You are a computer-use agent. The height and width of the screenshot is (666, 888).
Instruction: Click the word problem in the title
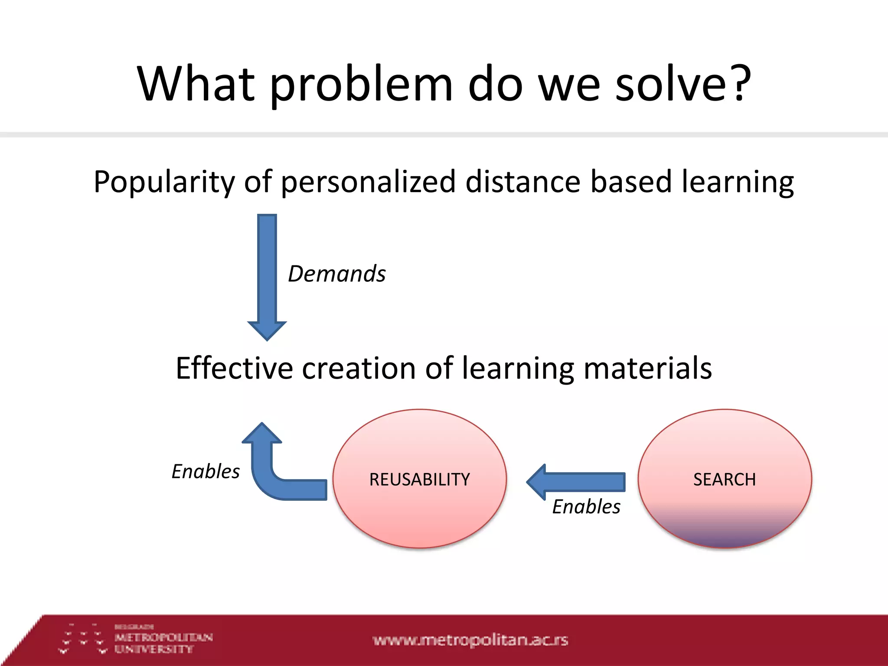[x=361, y=85]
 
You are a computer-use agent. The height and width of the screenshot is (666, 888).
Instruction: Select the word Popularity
[x=163, y=182]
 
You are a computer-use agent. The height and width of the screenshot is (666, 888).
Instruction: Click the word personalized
[x=368, y=182]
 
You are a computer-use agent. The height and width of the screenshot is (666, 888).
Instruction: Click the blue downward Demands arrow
[x=267, y=277]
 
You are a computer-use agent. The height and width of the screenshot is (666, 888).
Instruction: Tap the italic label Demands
[x=337, y=274]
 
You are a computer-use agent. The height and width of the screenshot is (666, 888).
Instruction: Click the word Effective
[x=234, y=369]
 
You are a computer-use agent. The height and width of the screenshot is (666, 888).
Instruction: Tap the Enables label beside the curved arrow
[x=206, y=472]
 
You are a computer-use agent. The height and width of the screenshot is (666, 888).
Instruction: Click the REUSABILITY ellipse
[x=419, y=479]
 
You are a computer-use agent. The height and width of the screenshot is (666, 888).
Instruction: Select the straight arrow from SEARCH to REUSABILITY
[x=577, y=482]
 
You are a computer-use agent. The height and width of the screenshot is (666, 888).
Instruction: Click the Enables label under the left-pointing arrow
[x=586, y=507]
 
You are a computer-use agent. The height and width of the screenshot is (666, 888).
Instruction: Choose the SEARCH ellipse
[x=724, y=479]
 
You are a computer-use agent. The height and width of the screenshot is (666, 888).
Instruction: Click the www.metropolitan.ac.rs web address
[x=470, y=640]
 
